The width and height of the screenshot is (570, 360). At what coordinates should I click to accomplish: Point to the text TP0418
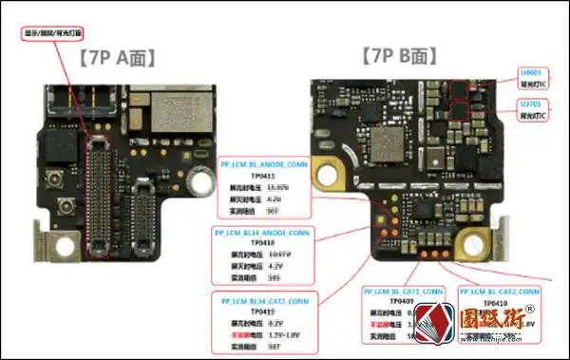click(x=259, y=243)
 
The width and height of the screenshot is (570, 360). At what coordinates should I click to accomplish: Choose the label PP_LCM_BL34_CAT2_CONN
click(x=262, y=300)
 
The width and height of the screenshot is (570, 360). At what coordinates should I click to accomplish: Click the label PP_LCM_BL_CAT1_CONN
click(x=405, y=290)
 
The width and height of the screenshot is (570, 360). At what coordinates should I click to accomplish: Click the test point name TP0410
click(x=496, y=303)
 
